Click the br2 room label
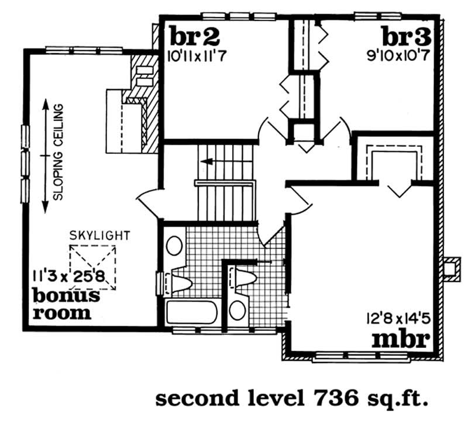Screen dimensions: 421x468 coord(194,37)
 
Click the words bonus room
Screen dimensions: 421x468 coord(64,304)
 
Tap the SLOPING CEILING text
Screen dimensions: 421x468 coord(58,152)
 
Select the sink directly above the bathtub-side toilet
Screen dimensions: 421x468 coord(174,245)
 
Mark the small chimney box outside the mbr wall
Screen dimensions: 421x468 coord(450,267)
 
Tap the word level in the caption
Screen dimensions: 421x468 coord(267,399)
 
